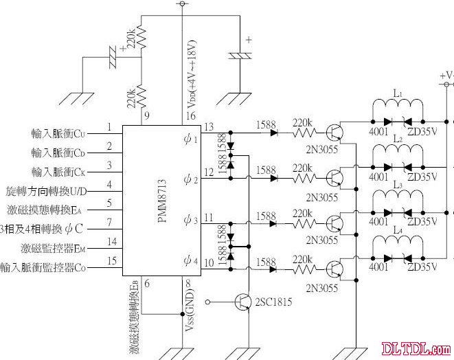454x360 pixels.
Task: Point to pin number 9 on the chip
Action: (x=148, y=115)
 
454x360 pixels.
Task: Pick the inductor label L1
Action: (x=397, y=93)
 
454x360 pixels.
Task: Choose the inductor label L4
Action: (x=397, y=230)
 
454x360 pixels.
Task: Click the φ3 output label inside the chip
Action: (x=191, y=221)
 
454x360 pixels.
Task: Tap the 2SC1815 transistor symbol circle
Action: (x=244, y=301)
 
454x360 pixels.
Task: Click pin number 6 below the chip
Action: (x=148, y=284)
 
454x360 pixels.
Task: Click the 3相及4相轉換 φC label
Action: (x=43, y=227)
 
